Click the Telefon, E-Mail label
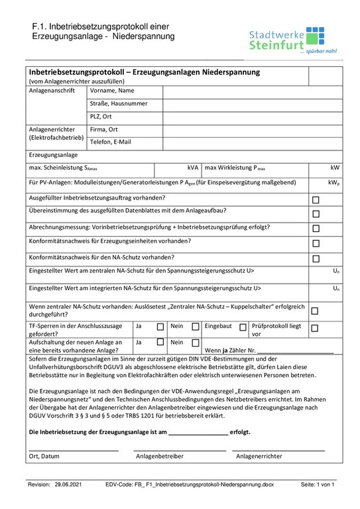click(111, 142)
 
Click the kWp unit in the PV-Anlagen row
click(333, 183)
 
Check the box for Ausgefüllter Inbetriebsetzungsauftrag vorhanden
click(316, 199)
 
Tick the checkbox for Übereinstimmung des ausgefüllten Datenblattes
click(316, 214)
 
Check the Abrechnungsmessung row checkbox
click(316, 229)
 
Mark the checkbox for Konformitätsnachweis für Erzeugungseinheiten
click(316, 244)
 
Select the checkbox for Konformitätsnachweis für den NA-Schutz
click(316, 259)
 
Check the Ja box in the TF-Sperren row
click(160, 327)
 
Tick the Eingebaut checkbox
click(243, 327)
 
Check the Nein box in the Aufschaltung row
click(195, 342)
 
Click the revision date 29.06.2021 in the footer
click(68, 485)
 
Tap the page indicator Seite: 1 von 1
click(318, 485)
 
